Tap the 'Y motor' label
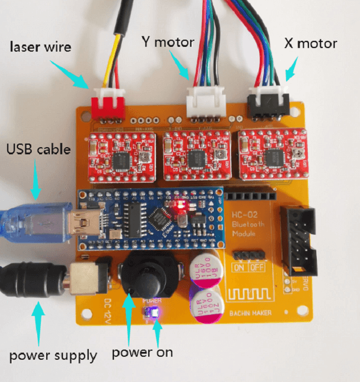[167, 42]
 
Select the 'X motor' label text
[310, 43]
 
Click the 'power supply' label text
[53, 355]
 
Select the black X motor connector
[268, 102]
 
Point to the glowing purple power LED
[151, 311]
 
